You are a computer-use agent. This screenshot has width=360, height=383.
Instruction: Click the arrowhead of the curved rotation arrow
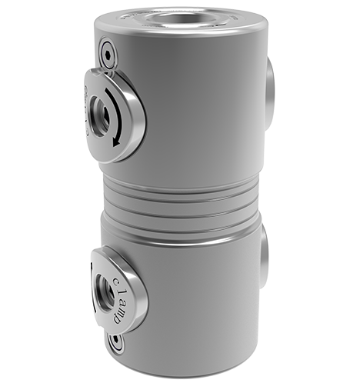[115, 141]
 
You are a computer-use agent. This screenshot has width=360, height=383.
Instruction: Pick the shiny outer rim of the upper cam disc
[136, 115]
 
